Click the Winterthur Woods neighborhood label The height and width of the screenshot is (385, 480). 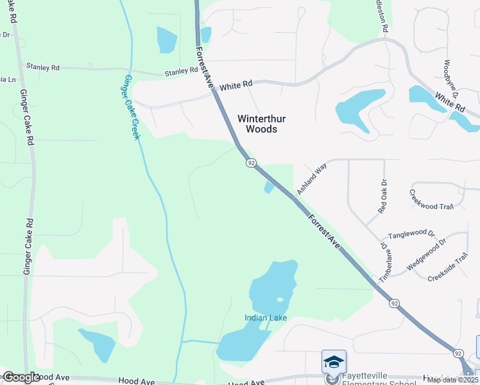click(257, 124)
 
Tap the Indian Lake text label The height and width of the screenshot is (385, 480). click(265, 318)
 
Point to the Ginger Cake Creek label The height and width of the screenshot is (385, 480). click(130, 108)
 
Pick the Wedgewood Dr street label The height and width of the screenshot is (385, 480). click(421, 251)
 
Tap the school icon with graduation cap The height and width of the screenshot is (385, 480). click(334, 362)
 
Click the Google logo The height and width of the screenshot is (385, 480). click(21, 377)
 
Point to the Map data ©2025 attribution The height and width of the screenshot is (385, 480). click(452, 380)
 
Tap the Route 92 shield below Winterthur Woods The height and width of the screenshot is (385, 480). click(251, 163)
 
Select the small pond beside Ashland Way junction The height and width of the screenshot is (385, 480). click(268, 187)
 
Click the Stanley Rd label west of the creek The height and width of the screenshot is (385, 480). click(43, 66)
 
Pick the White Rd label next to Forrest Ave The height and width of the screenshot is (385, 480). click(236, 85)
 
